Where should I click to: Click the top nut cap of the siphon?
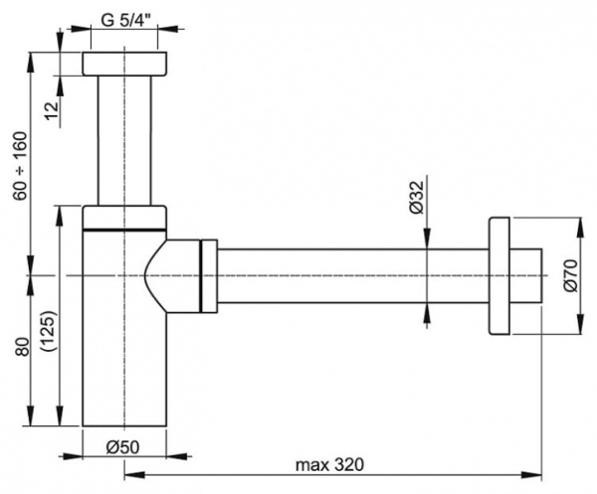[x=124, y=64]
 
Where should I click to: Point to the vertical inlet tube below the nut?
[x=124, y=139]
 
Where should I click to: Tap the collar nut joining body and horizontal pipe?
[x=208, y=274]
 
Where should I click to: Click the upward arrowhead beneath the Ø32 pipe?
[x=428, y=310]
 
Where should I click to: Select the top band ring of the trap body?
[x=124, y=217]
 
